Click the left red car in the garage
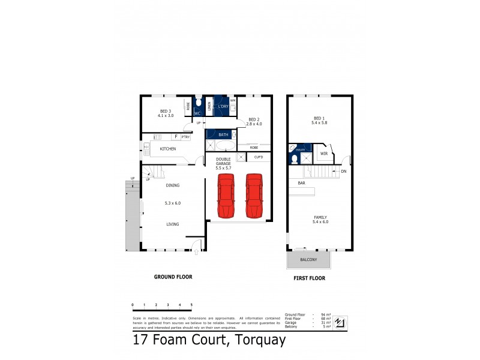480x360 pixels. point(226,197)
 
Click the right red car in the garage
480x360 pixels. point(254,197)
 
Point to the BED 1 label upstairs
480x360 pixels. point(319,120)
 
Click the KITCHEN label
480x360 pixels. point(167,148)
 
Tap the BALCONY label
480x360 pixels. point(308,260)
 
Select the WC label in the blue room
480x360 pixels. point(197,113)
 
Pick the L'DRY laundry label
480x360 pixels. point(223,107)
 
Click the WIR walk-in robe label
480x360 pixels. point(323,154)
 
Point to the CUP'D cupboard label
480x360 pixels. point(259,157)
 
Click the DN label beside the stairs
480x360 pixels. point(343,172)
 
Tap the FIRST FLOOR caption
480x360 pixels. point(310,278)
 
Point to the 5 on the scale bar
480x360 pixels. point(191,305)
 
